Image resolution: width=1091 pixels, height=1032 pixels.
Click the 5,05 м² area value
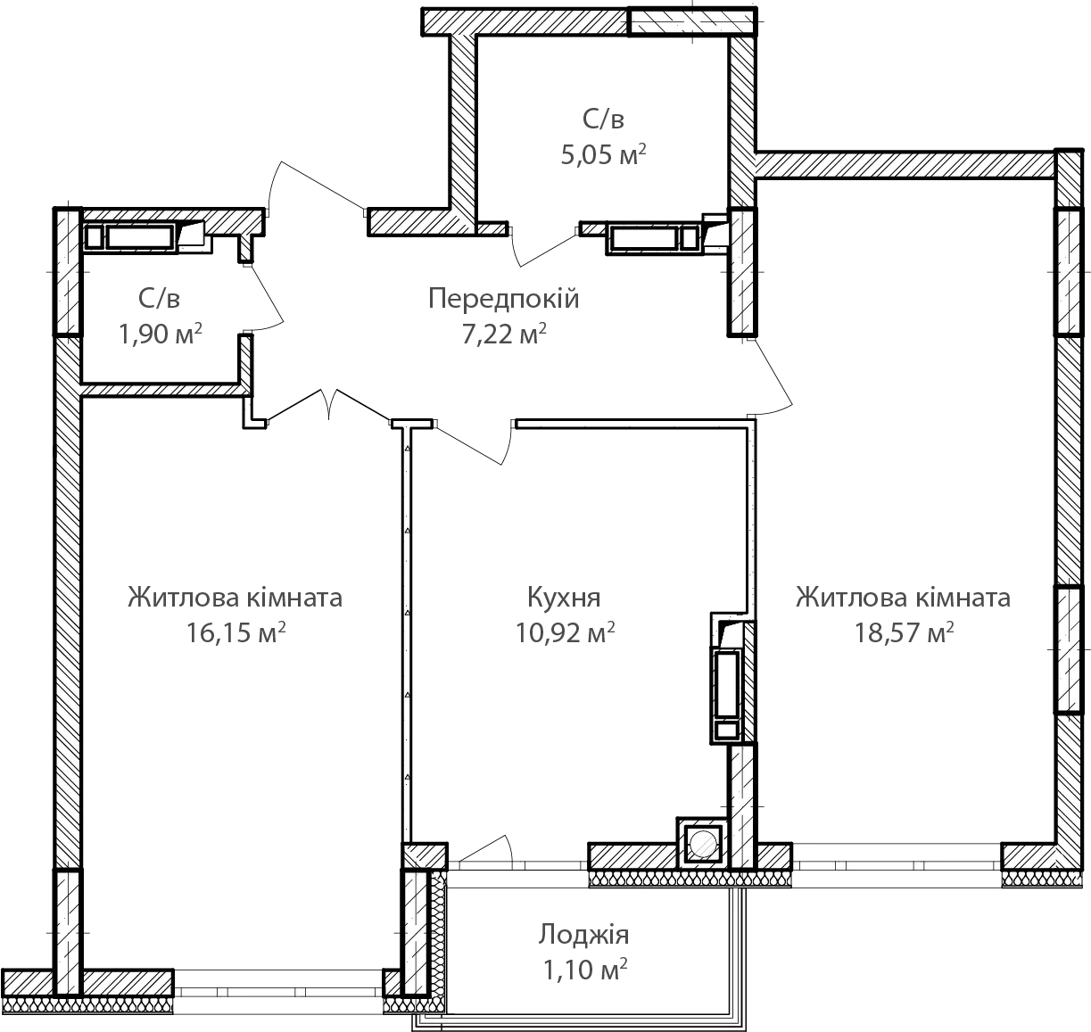[603, 154]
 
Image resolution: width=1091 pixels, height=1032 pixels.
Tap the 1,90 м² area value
[160, 334]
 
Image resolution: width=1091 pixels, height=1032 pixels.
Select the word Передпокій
[503, 299]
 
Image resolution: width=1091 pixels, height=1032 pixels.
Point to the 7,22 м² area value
[504, 334]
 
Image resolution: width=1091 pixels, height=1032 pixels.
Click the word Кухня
[564, 598]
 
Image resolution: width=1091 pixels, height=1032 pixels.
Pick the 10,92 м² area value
[565, 632]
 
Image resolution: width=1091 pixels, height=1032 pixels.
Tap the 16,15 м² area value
[236, 632]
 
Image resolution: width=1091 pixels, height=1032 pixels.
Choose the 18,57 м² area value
[904, 632]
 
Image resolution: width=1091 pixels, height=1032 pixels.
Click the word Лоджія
[583, 935]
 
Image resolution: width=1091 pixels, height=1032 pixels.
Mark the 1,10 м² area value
[585, 970]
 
